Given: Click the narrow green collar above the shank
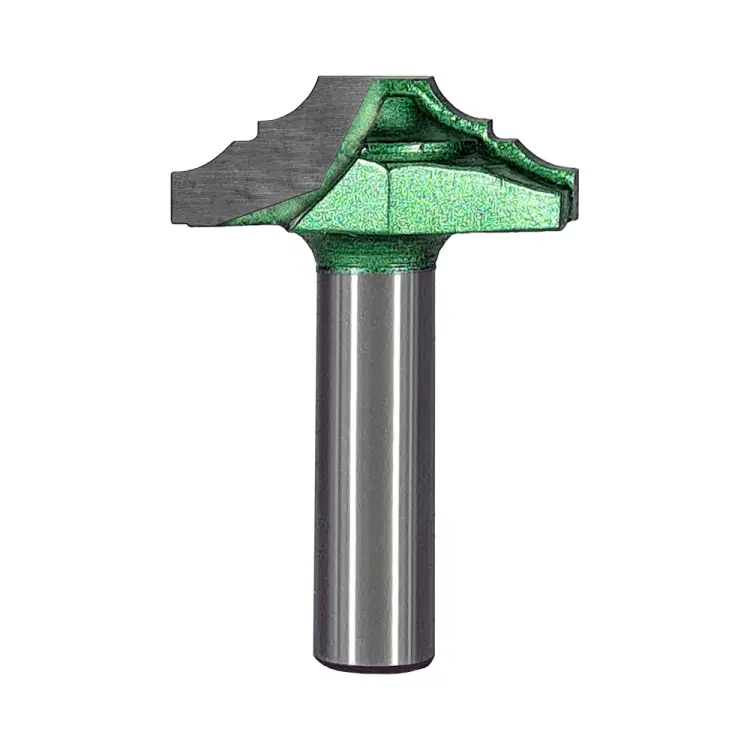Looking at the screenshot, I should coord(375,255).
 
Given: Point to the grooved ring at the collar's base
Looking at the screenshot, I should coord(375,269).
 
